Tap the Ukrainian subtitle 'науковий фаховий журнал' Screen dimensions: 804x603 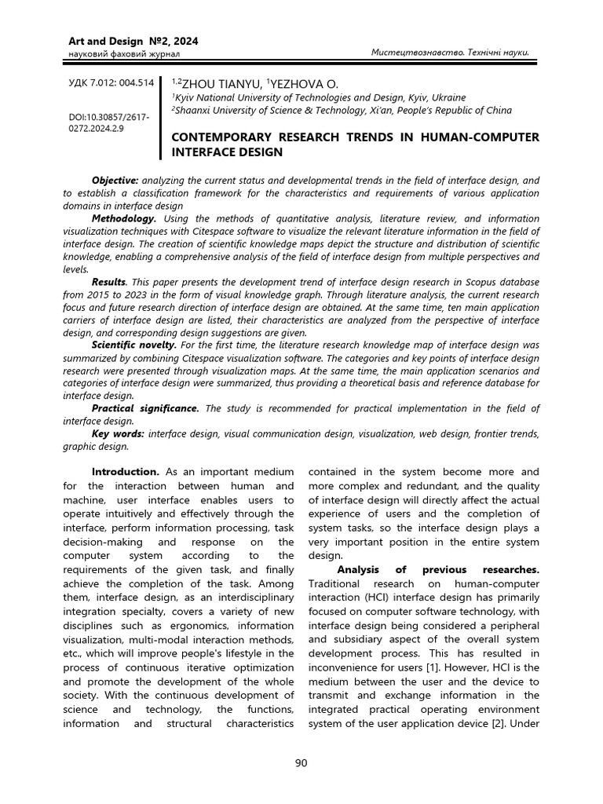pyautogui.click(x=115, y=53)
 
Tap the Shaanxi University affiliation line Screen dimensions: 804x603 pyautogui.click(x=341, y=111)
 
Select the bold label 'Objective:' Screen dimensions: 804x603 pyautogui.click(x=115, y=181)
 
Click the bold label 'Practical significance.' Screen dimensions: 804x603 pyautogui.click(x=146, y=408)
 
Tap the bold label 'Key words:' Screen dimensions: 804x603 pyautogui.click(x=118, y=433)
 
